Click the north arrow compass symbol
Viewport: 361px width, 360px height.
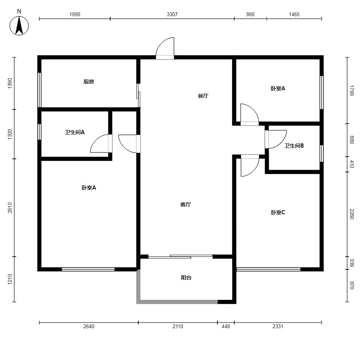19,25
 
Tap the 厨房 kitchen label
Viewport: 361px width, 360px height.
88,82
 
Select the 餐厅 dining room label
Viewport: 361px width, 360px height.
203,96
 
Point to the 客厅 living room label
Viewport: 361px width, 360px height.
186,204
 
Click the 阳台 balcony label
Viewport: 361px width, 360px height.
186,278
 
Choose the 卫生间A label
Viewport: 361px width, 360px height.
75,132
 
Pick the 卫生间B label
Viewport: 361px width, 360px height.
294,146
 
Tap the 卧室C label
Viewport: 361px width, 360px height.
278,212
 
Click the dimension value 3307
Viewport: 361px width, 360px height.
172,14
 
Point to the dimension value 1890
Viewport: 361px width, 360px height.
75,14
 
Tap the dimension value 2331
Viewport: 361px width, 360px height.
278,326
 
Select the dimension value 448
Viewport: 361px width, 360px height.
226,326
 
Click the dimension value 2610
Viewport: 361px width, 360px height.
10,208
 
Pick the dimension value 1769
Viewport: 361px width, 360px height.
352,90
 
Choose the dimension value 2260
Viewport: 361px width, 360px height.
352,214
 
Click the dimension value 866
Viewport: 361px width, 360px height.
250,14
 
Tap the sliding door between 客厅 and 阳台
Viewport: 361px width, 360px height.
180,257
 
